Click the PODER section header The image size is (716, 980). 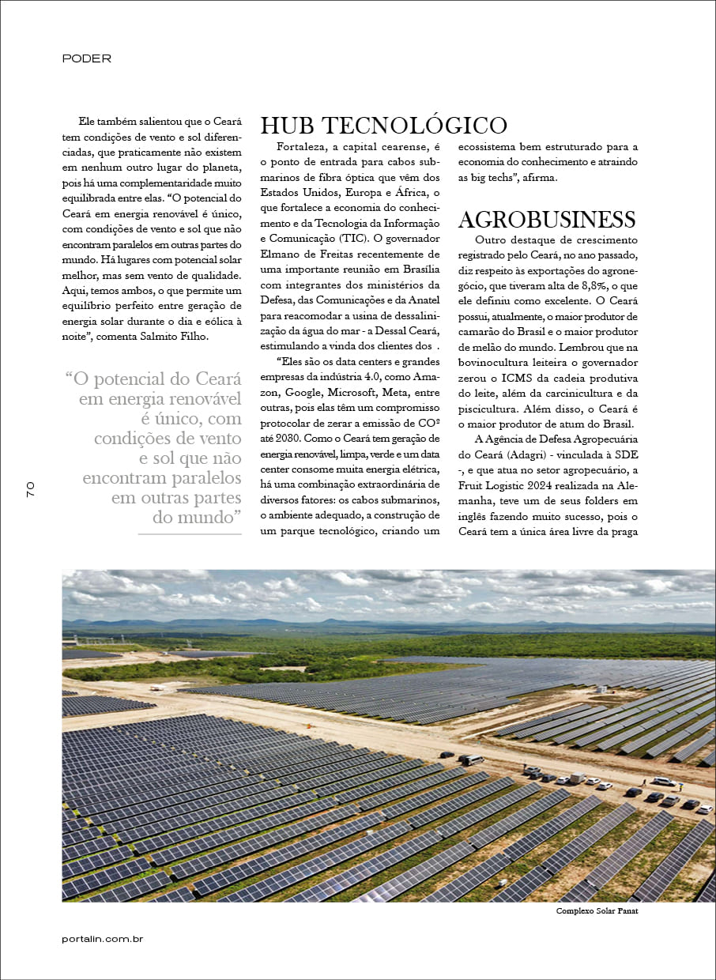pos(86,58)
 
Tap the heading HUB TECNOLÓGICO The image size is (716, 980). pos(383,126)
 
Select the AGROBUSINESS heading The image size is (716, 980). pos(546,219)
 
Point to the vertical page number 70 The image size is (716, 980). pos(31,488)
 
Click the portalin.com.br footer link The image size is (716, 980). pos(102,939)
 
